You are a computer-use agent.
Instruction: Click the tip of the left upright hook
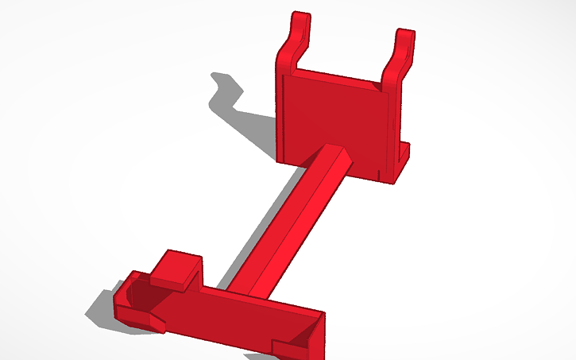pos(300,17)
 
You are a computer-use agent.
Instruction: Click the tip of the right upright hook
pos(405,35)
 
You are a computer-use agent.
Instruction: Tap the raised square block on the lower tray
pos(176,267)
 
